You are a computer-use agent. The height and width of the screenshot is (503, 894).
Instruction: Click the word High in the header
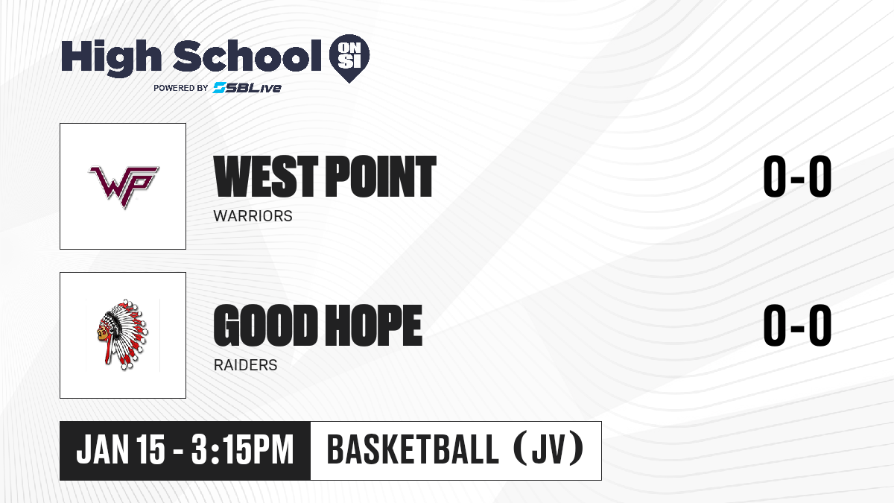tap(111, 58)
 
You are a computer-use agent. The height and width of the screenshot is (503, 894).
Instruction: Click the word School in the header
tap(247, 55)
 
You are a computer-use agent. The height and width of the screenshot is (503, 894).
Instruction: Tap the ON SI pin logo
tap(349, 58)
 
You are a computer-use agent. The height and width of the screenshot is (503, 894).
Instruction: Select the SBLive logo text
tap(247, 87)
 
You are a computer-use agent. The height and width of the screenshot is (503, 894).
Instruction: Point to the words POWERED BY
tap(181, 88)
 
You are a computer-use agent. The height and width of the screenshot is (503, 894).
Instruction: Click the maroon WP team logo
tap(124, 186)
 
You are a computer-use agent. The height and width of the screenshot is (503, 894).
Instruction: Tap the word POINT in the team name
tap(381, 177)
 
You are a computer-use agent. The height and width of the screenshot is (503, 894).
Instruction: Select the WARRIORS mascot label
tap(253, 216)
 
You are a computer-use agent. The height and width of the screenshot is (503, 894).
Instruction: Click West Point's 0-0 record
tap(797, 177)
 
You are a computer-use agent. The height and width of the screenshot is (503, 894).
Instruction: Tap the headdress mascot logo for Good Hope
tap(122, 335)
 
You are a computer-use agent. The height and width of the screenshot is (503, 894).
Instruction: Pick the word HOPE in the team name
tap(373, 326)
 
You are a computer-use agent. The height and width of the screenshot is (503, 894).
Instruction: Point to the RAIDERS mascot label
tap(245, 365)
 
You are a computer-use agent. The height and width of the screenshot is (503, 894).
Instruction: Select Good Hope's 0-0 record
tap(797, 326)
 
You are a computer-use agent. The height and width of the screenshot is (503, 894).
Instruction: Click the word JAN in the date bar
tap(103, 449)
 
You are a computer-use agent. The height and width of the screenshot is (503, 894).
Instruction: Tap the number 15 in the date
tap(150, 449)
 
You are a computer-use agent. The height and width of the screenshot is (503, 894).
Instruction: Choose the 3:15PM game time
tap(242, 449)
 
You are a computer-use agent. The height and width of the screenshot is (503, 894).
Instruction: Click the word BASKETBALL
tap(413, 449)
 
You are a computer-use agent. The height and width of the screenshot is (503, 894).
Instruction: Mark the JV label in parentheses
tap(548, 449)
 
